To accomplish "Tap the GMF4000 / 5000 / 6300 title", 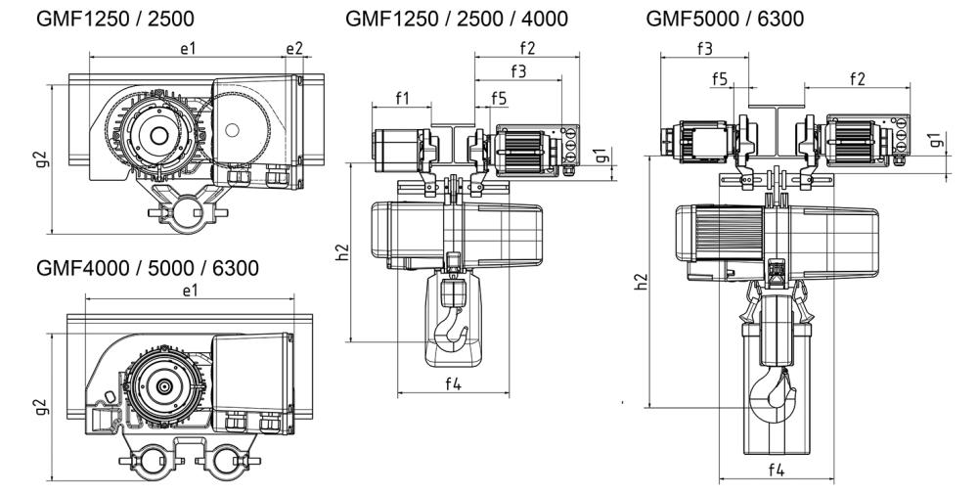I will tap(147, 267).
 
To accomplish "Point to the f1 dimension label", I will tap(402, 98).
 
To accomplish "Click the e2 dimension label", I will tap(294, 47).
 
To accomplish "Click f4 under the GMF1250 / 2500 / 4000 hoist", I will tap(453, 383).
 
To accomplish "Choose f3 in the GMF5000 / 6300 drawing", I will tap(703, 48).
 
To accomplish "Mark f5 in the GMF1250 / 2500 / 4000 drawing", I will tap(499, 98).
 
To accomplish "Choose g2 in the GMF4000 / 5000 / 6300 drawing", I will tap(41, 403).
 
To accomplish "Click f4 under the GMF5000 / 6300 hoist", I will tap(776, 470).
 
